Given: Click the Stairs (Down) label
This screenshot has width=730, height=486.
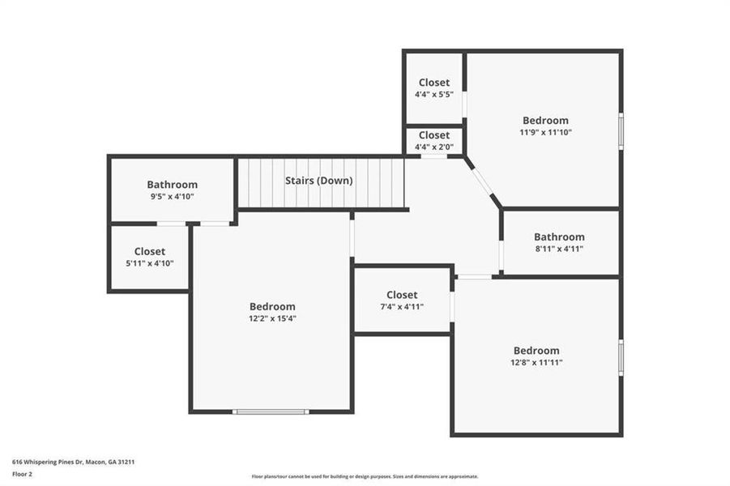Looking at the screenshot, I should [318, 181].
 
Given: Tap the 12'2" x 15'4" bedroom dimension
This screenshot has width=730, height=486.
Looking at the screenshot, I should [272, 318].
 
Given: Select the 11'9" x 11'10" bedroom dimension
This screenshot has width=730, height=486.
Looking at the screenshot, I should [545, 132].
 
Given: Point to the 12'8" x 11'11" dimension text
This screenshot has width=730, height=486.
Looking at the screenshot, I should [536, 362].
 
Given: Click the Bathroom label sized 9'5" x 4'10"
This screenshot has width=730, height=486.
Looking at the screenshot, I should [172, 185].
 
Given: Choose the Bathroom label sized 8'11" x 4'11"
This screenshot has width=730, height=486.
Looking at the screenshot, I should [559, 237].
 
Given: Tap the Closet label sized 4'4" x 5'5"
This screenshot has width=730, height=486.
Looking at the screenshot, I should [434, 83].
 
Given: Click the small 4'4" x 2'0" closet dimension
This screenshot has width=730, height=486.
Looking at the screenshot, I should [434, 147].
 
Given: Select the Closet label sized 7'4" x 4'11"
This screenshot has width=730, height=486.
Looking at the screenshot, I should [402, 295].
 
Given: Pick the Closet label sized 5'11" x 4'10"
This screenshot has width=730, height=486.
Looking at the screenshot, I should [150, 252].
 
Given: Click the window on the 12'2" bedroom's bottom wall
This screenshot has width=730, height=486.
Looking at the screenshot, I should [271, 411].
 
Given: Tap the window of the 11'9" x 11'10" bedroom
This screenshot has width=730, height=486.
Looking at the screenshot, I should [621, 131].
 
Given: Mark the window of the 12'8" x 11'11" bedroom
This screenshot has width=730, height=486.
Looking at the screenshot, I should [621, 357].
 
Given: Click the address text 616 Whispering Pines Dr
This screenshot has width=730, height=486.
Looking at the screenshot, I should [73, 462].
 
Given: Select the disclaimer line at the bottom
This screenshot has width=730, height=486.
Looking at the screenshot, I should [365, 476].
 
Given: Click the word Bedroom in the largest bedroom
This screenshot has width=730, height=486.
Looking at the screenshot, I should [272, 306].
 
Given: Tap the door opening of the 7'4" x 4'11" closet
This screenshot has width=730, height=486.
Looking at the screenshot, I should [452, 307].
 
